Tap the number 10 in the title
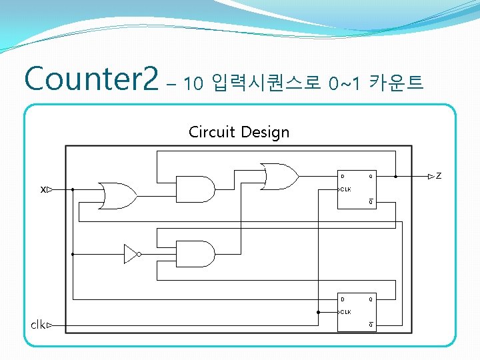pyautogui.click(x=193, y=83)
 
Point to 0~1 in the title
pyautogui.click(x=345, y=83)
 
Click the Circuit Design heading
pyautogui.click(x=239, y=131)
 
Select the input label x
pyautogui.click(x=43, y=189)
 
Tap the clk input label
pyautogui.click(x=38, y=325)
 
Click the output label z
pyautogui.click(x=439, y=177)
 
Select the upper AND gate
pyautogui.click(x=195, y=189)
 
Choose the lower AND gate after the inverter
pyautogui.click(x=195, y=254)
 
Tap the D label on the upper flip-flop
pyautogui.click(x=343, y=177)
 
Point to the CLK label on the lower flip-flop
pyautogui.click(x=345, y=311)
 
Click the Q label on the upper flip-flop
pyautogui.click(x=371, y=177)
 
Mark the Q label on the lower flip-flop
pyautogui.click(x=371, y=299)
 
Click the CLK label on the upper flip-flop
pyautogui.click(x=345, y=189)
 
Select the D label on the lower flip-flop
pyautogui.click(x=343, y=299)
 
